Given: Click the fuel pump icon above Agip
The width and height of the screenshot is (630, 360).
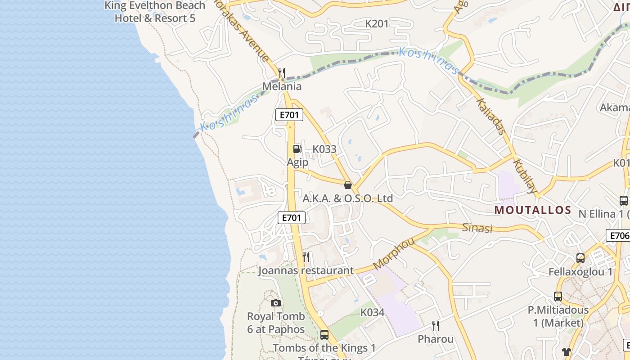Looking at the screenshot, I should point(297,149).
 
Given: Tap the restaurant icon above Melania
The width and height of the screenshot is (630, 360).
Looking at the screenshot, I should point(282,72).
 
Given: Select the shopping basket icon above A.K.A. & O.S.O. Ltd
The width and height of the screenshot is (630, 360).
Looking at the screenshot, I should point(347,185).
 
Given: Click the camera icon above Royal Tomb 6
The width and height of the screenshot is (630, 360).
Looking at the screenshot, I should point(276,303).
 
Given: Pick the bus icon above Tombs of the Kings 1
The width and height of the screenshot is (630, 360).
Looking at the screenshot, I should point(324,335).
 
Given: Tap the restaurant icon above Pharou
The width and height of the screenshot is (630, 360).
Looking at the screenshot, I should point(435,325).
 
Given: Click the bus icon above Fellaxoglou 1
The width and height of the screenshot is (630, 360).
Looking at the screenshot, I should point(580,258).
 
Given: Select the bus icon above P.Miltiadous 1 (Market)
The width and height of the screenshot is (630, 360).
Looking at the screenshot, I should point(558,297).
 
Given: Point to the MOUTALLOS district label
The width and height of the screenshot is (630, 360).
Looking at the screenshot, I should point(532,210).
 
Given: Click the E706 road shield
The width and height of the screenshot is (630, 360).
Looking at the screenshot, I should point(619,235).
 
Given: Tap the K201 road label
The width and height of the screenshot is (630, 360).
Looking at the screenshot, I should point(377,24).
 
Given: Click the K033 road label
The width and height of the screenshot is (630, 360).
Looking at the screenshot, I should point(324,149).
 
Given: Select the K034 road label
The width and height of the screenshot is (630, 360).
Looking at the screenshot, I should point(372,312).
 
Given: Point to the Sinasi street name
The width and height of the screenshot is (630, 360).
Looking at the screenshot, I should point(477,228).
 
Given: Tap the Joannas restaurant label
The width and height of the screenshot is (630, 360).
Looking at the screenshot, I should point(306,270).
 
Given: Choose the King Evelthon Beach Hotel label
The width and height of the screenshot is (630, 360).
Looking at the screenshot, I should point(155,12).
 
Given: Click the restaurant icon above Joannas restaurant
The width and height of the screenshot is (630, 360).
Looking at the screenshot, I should point(306,257).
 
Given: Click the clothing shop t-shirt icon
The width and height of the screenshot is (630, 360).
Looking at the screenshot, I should point(566,352).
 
